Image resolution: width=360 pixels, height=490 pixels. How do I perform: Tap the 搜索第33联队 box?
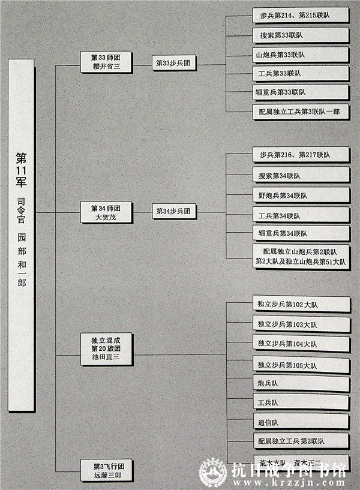tap(301, 35)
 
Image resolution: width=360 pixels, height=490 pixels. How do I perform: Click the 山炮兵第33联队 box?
tap(301, 54)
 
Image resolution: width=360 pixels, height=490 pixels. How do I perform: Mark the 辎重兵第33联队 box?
tap(301, 92)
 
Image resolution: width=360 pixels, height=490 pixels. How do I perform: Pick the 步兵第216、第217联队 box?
tap(301, 155)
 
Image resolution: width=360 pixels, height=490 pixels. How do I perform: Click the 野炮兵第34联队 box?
tap(301, 196)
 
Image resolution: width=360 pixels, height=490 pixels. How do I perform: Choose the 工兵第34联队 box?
tap(301, 215)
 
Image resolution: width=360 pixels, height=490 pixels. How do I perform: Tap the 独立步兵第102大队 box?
tap(301, 305)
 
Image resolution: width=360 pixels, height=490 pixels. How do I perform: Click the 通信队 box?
tap(301, 422)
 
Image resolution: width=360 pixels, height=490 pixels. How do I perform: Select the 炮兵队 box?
tap(301, 383)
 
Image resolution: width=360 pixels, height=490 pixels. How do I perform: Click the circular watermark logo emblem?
tap(213, 473)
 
